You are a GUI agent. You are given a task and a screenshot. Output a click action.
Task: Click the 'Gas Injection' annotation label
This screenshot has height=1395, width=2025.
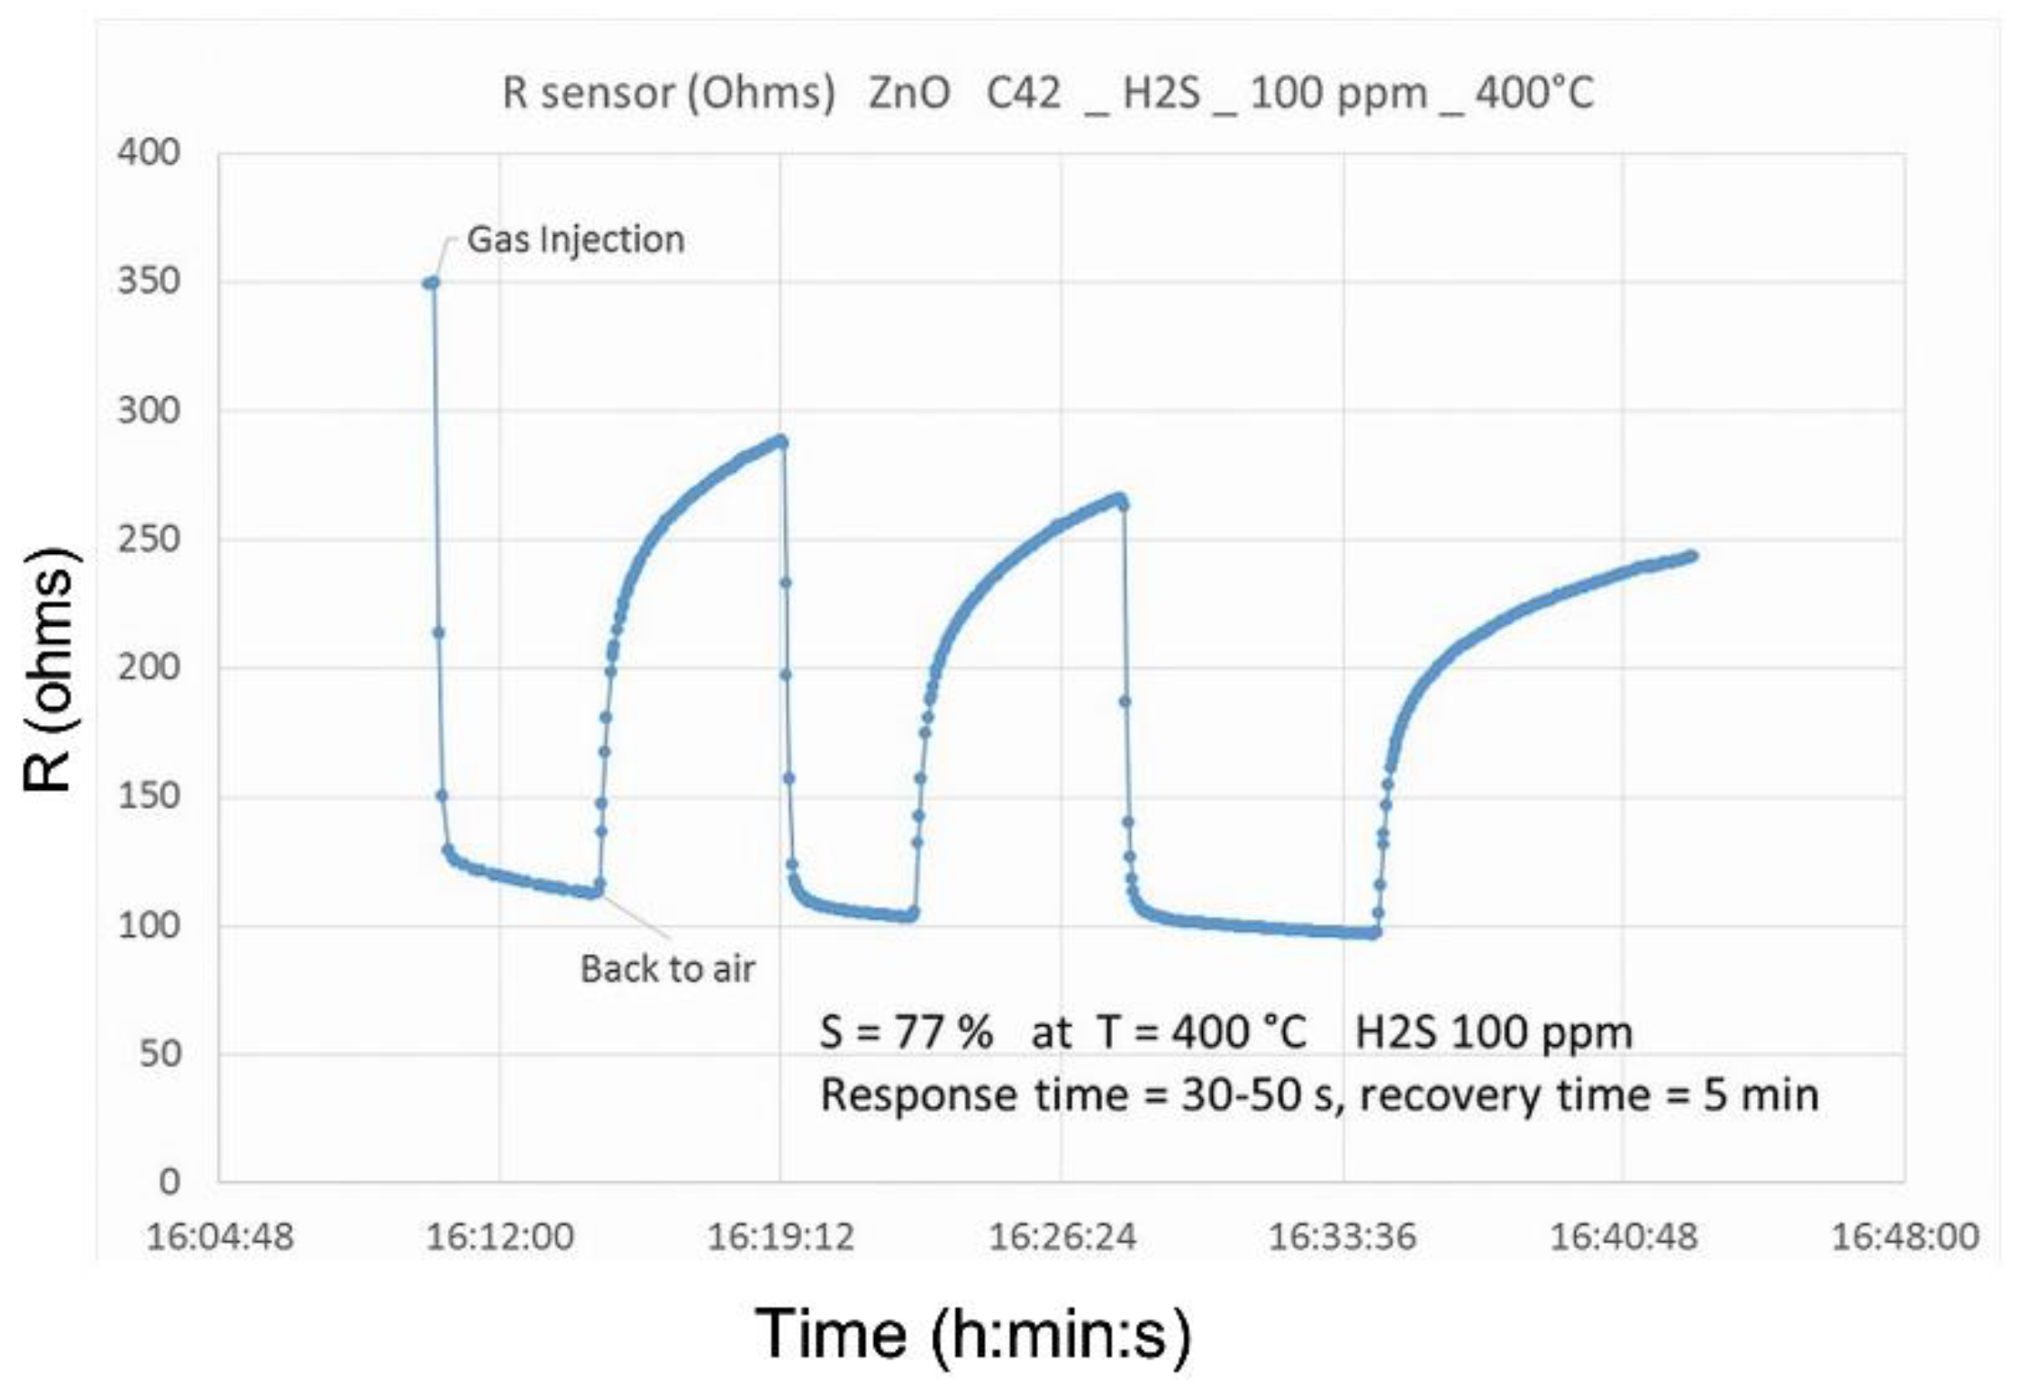(575, 240)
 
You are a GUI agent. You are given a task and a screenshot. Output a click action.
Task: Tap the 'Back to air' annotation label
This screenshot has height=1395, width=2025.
(667, 969)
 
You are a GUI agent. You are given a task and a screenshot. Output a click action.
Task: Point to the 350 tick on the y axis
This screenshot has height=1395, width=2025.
(149, 281)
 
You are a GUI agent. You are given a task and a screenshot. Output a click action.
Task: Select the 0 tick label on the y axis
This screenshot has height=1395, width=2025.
(170, 1182)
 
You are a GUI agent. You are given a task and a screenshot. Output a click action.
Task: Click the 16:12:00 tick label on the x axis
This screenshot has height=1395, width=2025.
(499, 1236)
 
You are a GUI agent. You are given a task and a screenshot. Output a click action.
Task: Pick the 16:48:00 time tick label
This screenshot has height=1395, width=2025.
(1905, 1236)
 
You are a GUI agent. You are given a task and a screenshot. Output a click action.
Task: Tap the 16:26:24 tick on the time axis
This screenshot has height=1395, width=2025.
(1062, 1236)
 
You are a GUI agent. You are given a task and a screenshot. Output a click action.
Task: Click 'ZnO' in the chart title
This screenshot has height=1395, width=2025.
(909, 93)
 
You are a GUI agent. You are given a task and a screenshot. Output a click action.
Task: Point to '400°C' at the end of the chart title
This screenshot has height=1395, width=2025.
(1535, 93)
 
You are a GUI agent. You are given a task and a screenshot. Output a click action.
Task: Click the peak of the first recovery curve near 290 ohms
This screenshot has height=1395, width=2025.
(781, 441)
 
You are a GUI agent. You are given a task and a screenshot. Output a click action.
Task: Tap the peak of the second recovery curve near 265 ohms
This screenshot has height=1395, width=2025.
(1120, 498)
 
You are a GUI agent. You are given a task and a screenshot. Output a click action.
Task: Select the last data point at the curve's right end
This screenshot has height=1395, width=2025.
(1692, 555)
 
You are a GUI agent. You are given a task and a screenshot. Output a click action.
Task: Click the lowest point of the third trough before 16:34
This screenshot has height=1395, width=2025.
(1373, 934)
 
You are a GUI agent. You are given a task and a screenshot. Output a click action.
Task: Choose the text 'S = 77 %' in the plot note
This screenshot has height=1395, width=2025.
(906, 1033)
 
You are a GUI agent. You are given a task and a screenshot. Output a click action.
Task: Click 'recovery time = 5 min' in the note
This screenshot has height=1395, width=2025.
(1588, 1094)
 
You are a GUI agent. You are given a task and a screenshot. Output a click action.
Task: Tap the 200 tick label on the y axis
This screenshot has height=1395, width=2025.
(149, 667)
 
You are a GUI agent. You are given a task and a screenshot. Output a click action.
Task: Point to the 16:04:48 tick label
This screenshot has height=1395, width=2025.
(220, 1236)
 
